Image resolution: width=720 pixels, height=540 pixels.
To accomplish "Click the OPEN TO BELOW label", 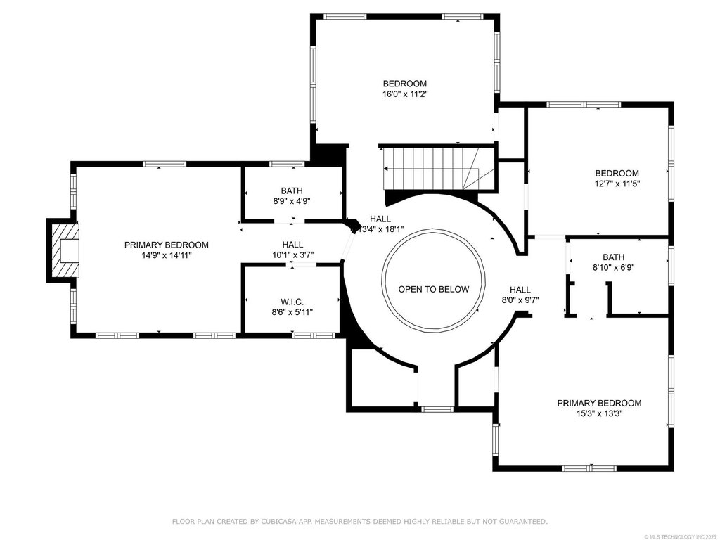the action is pos(433,289).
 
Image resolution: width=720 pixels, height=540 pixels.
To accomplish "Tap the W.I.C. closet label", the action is pos(292,302).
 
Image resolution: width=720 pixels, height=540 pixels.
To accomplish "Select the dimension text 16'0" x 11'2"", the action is pos(406,94).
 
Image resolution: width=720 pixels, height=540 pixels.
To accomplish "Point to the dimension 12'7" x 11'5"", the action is pos(617,184).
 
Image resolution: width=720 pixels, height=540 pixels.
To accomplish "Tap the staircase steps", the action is pos(432,168).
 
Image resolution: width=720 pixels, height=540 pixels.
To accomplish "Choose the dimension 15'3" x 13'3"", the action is pos(599,413).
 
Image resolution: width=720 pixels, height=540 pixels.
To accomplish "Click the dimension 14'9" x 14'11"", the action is pos(166,255).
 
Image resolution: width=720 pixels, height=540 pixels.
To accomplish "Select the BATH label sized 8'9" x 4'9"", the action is pos(292,191).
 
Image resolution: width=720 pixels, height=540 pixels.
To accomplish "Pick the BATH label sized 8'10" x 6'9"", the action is pos(613,257).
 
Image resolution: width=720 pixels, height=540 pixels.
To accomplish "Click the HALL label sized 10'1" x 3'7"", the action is pos(292,245).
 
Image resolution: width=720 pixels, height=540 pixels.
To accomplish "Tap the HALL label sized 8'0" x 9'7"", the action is pos(520,290).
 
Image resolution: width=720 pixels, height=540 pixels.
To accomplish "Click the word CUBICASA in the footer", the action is pos(277,521).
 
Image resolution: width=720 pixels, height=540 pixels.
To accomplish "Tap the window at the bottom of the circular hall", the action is pos(437,409).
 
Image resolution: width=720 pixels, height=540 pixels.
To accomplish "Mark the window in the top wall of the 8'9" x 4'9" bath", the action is pos(287,164).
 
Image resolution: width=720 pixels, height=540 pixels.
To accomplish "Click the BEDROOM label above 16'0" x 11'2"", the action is pos(405,84).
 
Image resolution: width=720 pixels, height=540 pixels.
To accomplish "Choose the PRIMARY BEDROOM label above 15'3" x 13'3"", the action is pos(599,403).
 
